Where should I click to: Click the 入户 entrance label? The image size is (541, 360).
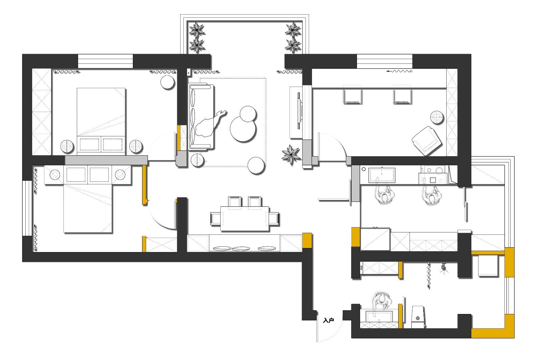(x=328, y=320)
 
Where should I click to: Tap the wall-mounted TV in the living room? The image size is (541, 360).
(x=299, y=111)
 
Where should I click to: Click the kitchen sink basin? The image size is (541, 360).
(x=382, y=175)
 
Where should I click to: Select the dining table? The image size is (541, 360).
(x=245, y=219)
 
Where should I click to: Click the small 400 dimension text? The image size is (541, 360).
(x=361, y=268)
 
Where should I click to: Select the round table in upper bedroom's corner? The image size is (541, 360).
(x=167, y=82)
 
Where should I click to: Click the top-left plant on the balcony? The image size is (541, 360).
(x=197, y=30)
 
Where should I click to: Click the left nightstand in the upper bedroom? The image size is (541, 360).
(x=67, y=146)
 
